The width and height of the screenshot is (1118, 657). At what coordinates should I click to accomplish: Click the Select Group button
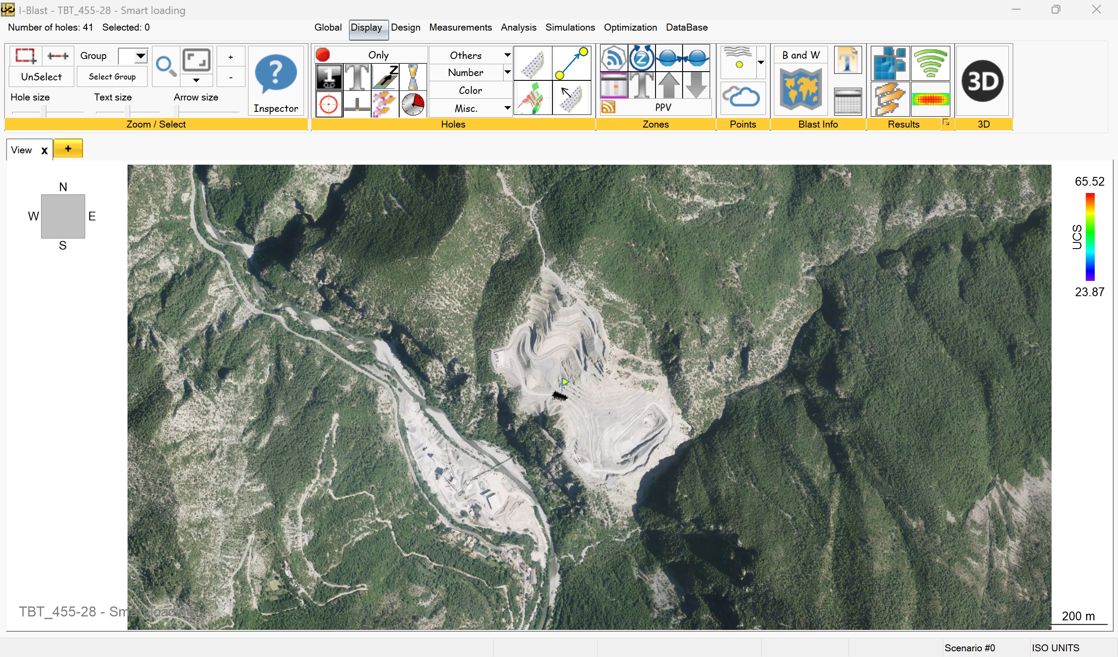click(x=112, y=77)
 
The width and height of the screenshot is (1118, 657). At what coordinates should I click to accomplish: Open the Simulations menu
click(x=569, y=28)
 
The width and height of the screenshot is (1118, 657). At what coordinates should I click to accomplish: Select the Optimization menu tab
click(x=630, y=28)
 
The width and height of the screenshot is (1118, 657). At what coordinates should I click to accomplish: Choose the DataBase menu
click(x=687, y=28)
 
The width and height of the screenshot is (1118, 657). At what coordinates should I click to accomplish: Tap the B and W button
click(x=801, y=55)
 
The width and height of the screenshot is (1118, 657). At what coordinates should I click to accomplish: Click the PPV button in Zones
click(x=663, y=107)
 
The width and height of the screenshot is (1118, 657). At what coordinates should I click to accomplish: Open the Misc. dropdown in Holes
click(x=507, y=108)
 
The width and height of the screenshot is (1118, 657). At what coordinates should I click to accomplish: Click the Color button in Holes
click(x=470, y=90)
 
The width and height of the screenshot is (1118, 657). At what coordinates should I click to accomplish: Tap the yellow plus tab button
click(x=68, y=149)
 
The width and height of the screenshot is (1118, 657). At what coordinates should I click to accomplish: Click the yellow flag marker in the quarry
click(x=565, y=382)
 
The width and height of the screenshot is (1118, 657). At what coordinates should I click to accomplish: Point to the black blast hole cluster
click(x=559, y=395)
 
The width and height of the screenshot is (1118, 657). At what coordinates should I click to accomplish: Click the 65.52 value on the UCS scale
click(x=1089, y=182)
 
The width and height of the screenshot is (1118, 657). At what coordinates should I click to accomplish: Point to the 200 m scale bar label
click(x=1078, y=616)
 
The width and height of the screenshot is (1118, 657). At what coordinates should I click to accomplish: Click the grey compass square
click(x=63, y=216)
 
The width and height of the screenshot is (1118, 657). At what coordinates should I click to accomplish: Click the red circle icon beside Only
click(x=323, y=55)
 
